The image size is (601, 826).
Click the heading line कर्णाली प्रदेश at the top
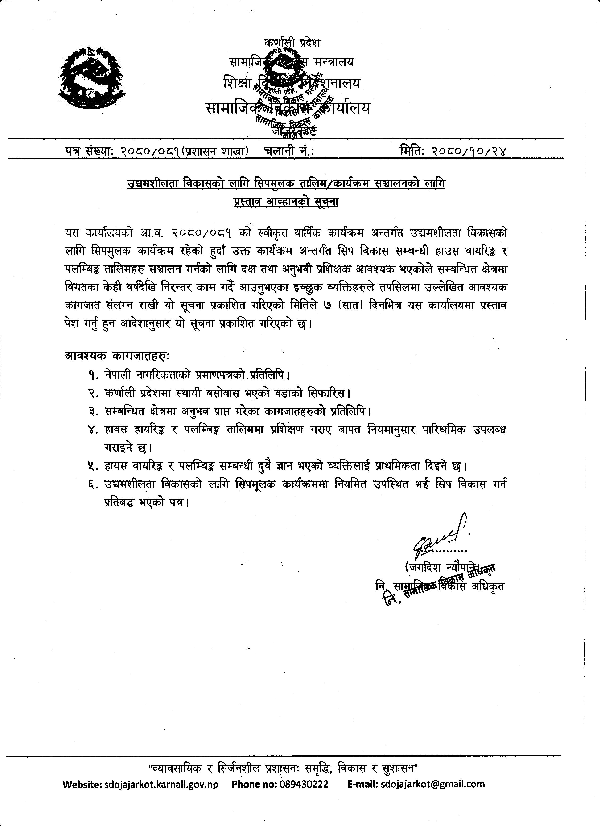293,43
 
